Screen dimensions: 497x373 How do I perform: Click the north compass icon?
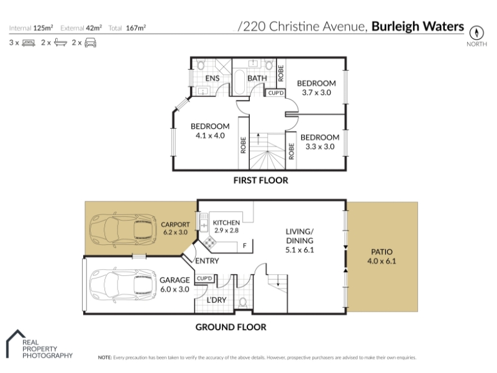coord(476,32)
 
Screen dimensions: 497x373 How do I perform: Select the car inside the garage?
coord(123,285)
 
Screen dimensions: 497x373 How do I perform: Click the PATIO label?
coord(381,252)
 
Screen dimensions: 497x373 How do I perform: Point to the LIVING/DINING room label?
coord(299,236)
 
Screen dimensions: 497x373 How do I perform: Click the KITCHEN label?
coord(226,223)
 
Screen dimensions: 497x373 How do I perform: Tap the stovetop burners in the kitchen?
coord(209,243)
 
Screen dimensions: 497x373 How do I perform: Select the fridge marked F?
coord(245,246)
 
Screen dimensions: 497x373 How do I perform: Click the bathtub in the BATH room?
coord(239,82)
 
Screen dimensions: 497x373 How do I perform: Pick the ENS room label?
coord(212,78)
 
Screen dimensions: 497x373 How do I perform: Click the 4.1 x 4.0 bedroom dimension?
coord(210,136)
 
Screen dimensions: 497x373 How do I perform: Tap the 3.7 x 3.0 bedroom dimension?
coord(316,93)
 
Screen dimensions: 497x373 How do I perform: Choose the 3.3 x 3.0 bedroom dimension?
coord(320,147)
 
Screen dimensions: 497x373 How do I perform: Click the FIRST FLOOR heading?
coord(261,180)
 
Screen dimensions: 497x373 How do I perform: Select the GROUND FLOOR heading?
coord(230,327)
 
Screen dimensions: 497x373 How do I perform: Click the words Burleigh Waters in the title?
coord(417,26)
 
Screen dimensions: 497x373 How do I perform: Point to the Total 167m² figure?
coord(127,28)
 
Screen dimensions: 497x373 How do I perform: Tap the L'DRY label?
coord(216,300)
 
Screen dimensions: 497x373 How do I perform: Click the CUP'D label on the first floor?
coord(276,93)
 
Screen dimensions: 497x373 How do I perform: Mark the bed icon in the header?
coord(29,43)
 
